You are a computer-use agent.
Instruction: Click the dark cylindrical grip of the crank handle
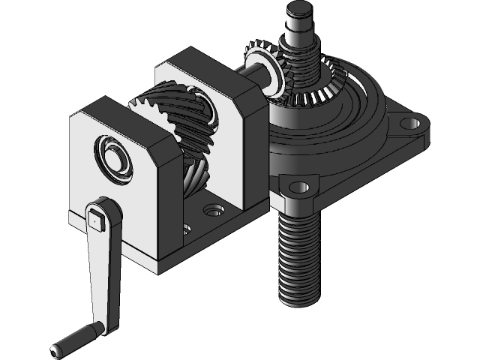[x=75, y=338]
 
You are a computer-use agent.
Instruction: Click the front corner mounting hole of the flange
[x=298, y=185]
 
